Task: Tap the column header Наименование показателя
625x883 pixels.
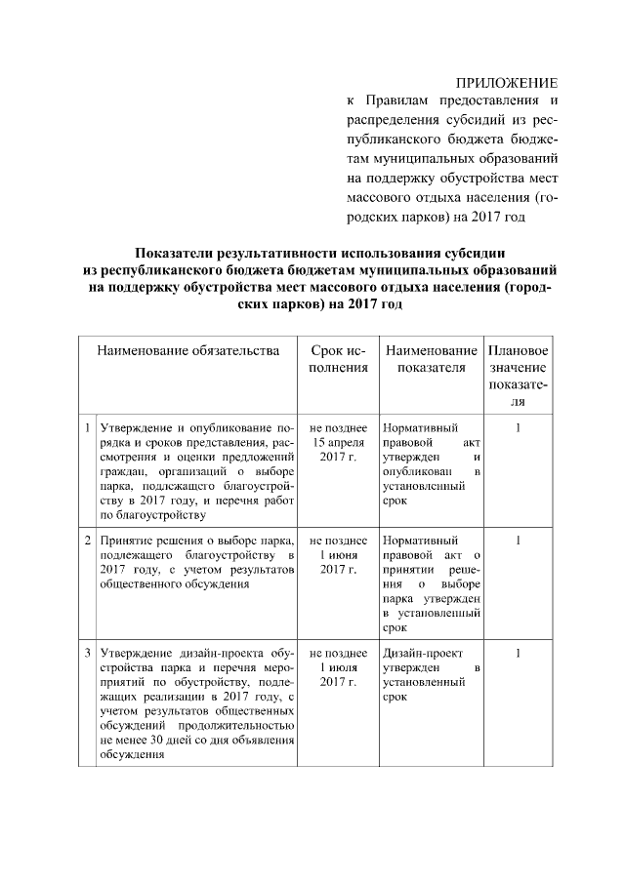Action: tap(430, 359)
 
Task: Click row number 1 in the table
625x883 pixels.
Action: tap(87, 428)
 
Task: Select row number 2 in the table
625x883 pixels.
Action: tap(87, 539)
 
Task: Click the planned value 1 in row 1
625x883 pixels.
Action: tap(518, 428)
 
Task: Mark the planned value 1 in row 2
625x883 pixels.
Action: tap(518, 539)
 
